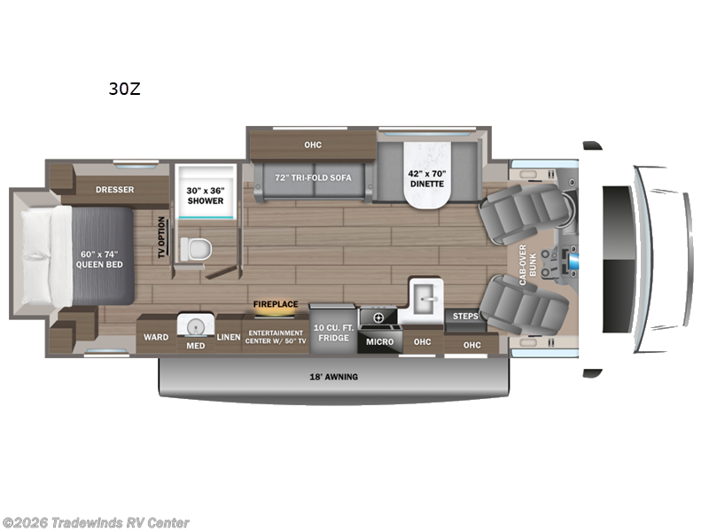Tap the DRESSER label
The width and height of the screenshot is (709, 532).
point(115,188)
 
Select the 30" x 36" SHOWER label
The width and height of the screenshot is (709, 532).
point(205,194)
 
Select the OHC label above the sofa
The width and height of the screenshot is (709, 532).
point(312,145)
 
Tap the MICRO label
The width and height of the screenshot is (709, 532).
point(379,341)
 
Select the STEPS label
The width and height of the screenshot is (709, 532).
point(465,316)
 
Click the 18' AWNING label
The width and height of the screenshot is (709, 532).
point(334,377)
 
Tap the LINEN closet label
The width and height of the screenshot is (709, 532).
point(229,336)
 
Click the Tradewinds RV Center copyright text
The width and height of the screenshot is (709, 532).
point(96,522)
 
